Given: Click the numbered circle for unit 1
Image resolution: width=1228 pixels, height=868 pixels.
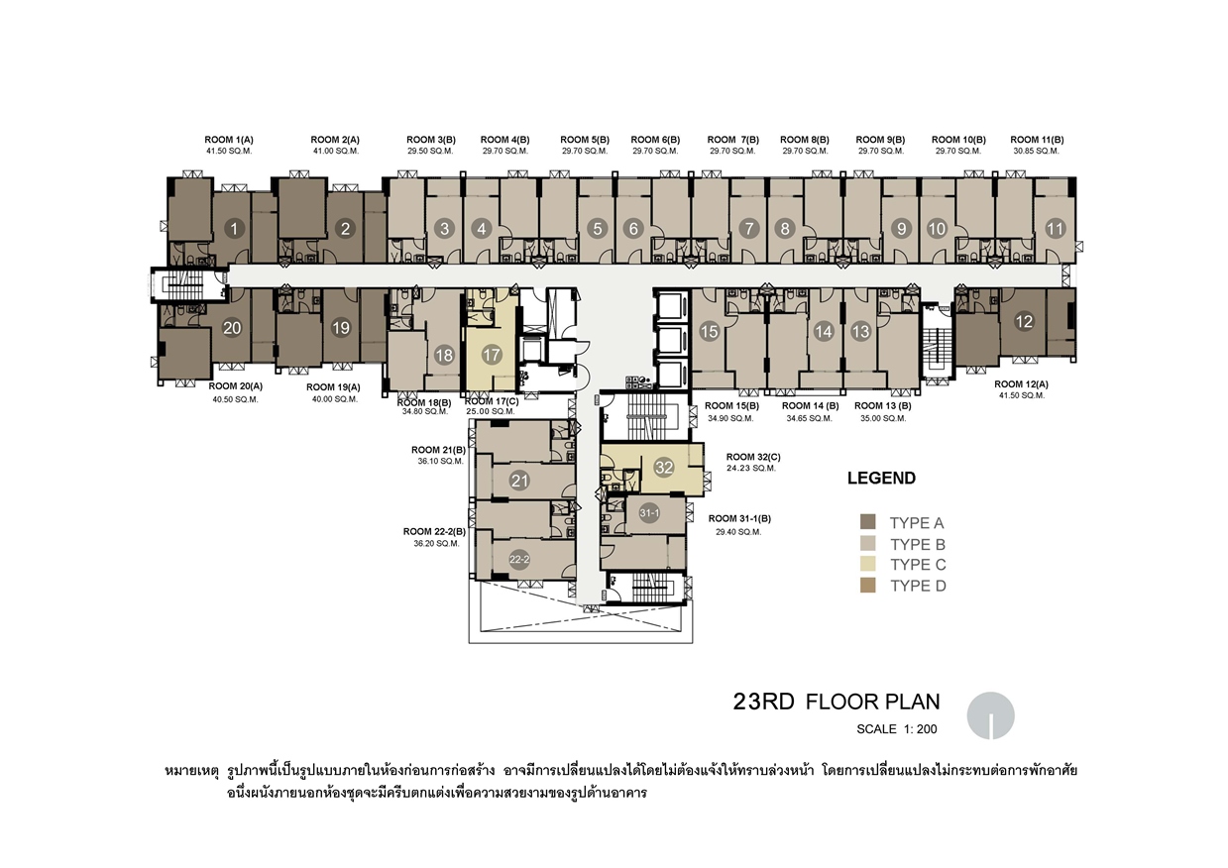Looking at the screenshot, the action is pos(234,229).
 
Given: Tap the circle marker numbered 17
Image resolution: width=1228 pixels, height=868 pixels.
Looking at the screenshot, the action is pos(492,355).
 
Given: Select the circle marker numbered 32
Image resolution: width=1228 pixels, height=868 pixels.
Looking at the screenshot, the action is pos(664,468).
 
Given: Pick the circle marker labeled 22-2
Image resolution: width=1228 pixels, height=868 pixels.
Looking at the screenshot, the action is pos(519,560).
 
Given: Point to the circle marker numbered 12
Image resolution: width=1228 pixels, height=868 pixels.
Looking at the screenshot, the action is pos(1024,322).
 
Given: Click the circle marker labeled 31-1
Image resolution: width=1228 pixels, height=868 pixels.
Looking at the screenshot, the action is pos(649,513).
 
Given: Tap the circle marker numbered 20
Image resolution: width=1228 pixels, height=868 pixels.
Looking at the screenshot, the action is pos(232,328).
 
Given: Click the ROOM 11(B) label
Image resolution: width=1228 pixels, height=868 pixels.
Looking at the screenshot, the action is pos(1037,140).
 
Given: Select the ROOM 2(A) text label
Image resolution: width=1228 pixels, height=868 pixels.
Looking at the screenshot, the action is pos(335,140).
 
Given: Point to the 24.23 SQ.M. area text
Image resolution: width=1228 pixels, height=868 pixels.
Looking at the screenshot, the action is pos(751,469).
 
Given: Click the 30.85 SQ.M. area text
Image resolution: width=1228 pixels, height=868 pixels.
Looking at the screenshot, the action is pos(1036,152).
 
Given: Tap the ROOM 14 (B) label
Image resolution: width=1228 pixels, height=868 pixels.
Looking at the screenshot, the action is pos(811,406).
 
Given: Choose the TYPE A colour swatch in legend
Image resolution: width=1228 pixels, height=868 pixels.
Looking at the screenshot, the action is pos(868,521).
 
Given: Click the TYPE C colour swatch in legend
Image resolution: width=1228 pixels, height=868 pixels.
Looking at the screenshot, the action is pos(868,564).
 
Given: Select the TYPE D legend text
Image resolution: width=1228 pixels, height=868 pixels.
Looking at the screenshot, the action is pos(918,587).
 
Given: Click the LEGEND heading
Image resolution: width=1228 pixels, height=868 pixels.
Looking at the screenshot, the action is pos(881,479).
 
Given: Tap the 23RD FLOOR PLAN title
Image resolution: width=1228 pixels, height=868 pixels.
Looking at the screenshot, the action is pos(837,702).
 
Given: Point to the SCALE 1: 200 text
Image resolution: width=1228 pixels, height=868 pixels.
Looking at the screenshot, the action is pos(897,729).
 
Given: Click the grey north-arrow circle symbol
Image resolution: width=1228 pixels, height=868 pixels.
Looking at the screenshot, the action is pos(990,715).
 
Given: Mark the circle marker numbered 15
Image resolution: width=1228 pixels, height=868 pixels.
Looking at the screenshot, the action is pos(710,332).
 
